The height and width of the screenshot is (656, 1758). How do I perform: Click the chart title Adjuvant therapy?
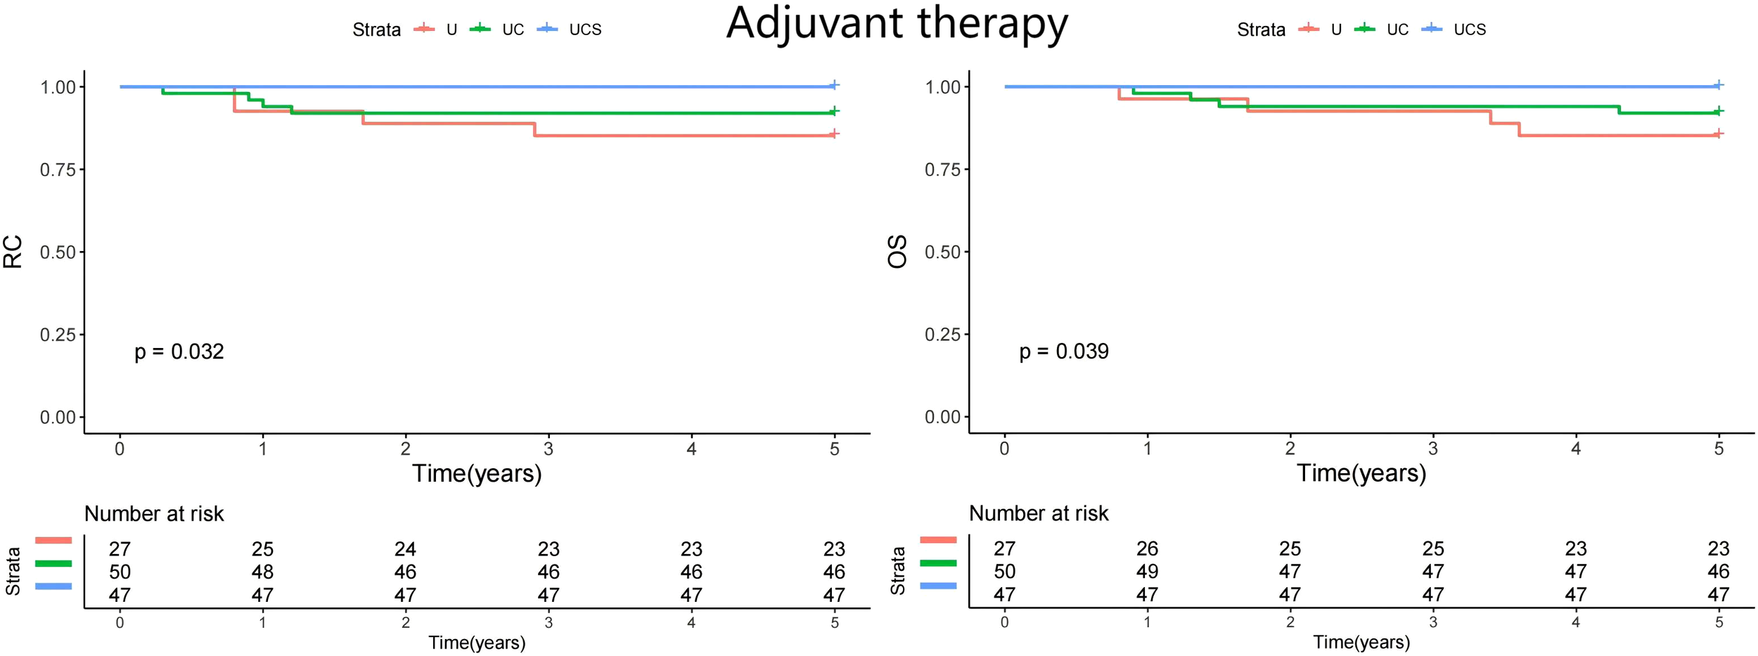[897, 25]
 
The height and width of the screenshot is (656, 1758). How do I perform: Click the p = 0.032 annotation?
[179, 352]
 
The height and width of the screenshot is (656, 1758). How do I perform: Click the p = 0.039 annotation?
[1063, 352]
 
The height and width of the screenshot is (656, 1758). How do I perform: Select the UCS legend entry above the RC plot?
[584, 30]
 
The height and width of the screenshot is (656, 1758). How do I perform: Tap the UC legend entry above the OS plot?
[1397, 30]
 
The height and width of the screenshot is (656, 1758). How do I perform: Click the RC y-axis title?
[13, 252]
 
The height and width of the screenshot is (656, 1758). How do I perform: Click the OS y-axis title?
[898, 252]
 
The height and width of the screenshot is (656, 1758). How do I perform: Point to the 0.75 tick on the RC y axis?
[58, 169]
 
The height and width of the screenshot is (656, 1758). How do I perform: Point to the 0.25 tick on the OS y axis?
[942, 335]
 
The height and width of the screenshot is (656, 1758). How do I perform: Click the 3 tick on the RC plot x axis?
[548, 449]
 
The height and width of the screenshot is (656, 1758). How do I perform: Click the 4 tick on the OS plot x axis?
[1576, 449]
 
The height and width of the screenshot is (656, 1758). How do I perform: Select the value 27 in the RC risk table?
[120, 549]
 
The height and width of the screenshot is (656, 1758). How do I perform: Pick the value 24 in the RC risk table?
[405, 549]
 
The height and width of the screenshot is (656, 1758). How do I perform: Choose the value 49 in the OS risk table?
[1147, 572]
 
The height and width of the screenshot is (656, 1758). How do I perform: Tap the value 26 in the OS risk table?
[1147, 548]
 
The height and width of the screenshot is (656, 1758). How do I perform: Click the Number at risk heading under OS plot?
[1038, 514]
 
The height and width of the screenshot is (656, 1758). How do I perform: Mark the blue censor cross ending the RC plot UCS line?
[834, 85]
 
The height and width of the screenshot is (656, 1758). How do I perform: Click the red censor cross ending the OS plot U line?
[1718, 134]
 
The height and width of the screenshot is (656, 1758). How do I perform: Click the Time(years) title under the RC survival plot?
[477, 473]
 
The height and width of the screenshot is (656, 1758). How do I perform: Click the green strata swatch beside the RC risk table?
[53, 563]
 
